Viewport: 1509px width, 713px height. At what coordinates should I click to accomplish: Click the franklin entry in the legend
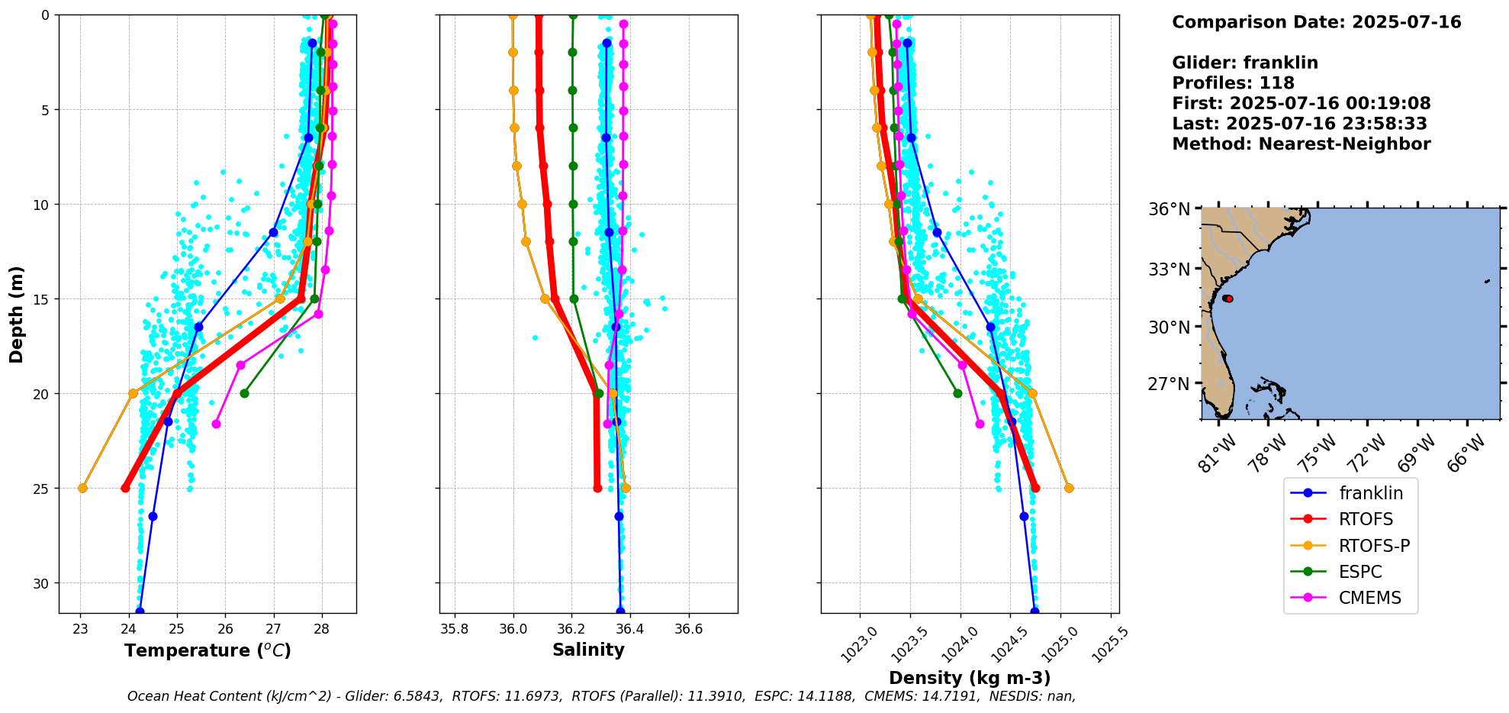(x=1371, y=493)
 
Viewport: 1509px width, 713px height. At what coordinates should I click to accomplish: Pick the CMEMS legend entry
(x=1369, y=598)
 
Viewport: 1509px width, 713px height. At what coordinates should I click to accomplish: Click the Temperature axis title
(x=208, y=650)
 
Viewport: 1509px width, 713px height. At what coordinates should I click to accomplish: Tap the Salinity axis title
(x=588, y=650)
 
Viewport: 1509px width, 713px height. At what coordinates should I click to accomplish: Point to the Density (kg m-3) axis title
(x=970, y=678)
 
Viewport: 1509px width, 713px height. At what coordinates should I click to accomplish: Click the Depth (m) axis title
(x=17, y=314)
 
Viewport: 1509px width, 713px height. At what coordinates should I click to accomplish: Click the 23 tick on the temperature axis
(x=80, y=629)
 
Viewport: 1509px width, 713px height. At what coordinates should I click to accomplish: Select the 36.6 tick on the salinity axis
(x=688, y=629)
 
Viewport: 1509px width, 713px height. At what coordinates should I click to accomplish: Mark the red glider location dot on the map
(x=1227, y=298)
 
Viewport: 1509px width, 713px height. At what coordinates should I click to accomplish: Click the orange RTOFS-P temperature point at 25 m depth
(x=82, y=488)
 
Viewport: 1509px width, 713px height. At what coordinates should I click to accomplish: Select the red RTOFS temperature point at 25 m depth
(x=125, y=488)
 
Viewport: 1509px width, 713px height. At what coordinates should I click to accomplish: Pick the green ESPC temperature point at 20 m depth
(x=244, y=393)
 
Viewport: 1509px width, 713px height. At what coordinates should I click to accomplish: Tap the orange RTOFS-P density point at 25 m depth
(x=1069, y=488)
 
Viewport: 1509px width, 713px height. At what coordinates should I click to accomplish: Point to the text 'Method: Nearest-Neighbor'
(x=1301, y=144)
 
